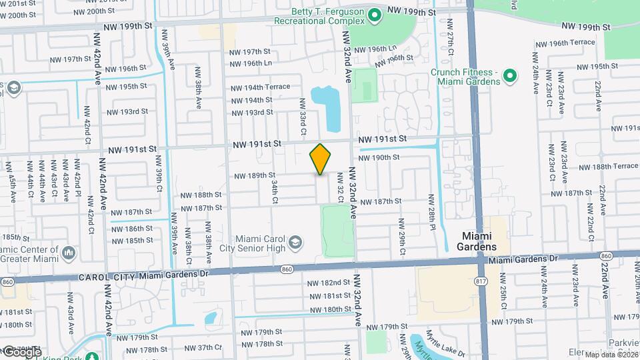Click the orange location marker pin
(320, 159)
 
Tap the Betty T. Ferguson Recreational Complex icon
(375, 13)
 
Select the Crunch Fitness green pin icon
(510, 75)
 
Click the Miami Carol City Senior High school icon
(294, 243)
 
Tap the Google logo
(21, 351)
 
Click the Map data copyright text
(611, 354)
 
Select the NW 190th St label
(378, 157)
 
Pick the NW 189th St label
(255, 175)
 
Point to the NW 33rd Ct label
(302, 117)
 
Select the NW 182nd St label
(329, 283)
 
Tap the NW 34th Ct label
(274, 191)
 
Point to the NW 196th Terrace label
(563, 42)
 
